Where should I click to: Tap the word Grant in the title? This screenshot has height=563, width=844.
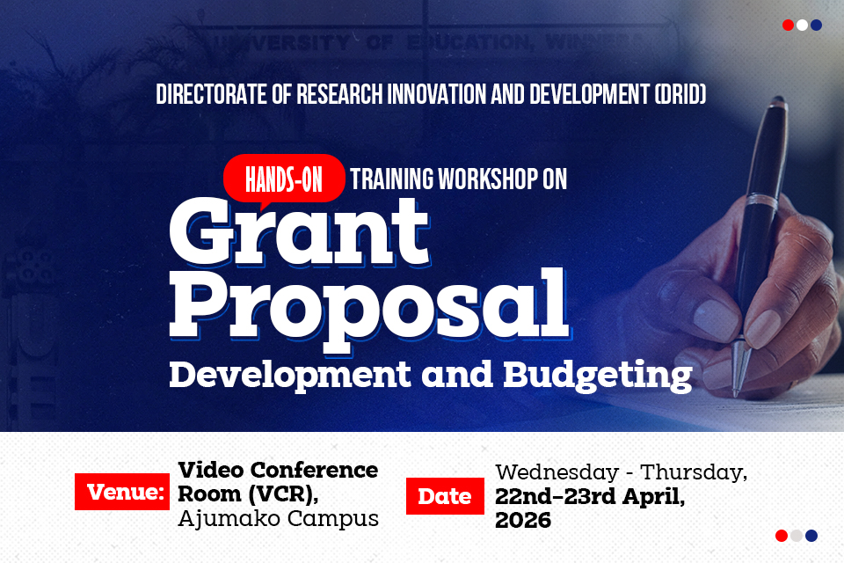pos(298,230)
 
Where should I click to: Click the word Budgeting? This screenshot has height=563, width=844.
pos(597,374)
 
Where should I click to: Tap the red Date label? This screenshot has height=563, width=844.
pos(444,496)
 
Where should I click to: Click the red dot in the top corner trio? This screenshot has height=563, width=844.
pos(788,26)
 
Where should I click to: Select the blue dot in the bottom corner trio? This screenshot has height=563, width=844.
pos(811,536)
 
